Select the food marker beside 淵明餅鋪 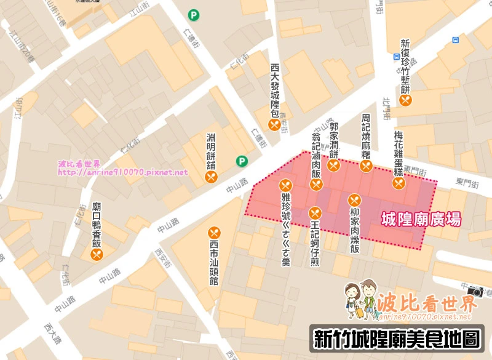tap(212, 177)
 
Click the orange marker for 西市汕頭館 tap(215, 233)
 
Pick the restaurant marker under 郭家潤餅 tap(334, 165)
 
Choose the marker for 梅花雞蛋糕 tap(399, 183)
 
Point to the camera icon tap(475, 292)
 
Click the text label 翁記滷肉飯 tap(316, 154)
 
